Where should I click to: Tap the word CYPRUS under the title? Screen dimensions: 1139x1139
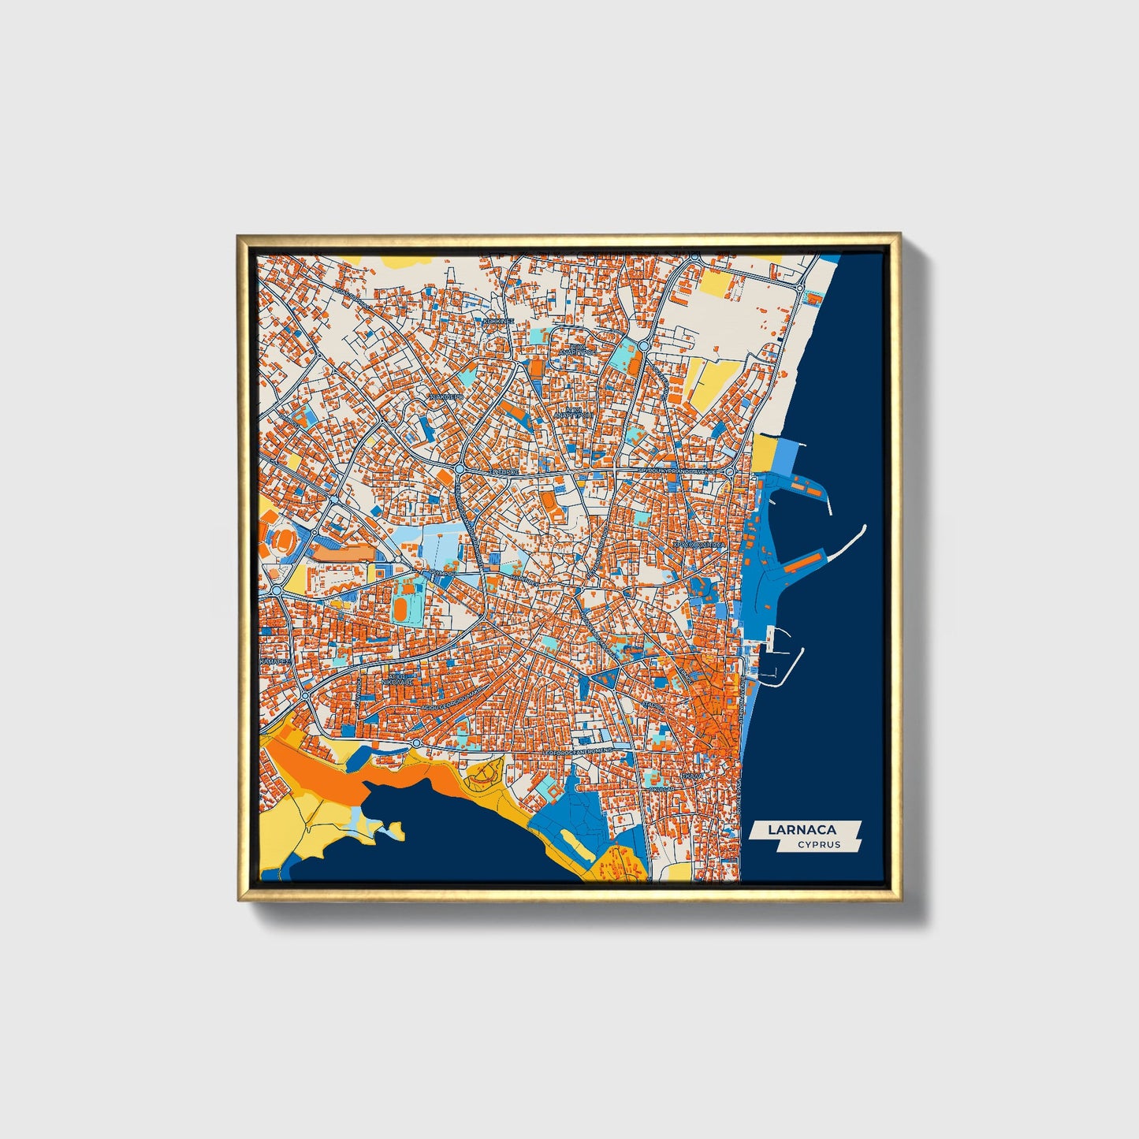tap(818, 844)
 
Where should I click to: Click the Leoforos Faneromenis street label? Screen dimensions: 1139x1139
tap(579, 754)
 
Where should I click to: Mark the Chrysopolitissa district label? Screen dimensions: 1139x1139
tap(697, 544)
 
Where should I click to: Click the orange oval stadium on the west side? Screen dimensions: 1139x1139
tap(281, 541)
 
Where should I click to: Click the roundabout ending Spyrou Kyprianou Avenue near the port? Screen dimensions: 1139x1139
tap(731, 471)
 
